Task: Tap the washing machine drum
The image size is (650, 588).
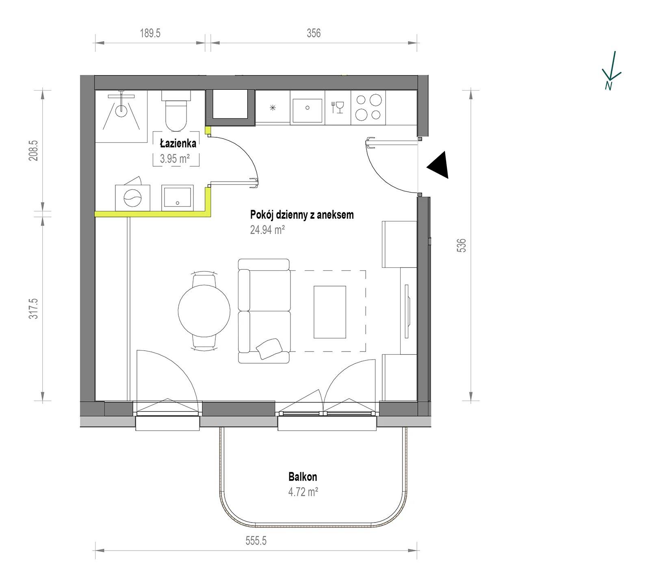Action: [132, 199]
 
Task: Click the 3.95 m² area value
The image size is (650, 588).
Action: [175, 158]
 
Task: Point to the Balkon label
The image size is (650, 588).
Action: [303, 477]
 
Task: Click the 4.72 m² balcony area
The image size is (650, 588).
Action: [303, 493]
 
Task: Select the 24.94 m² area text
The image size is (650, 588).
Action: [267, 230]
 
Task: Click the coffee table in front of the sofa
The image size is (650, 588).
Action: [330, 312]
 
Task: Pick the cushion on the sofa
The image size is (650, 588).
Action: [269, 348]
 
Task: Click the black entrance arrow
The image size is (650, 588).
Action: [439, 165]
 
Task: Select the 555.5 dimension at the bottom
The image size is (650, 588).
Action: [256, 541]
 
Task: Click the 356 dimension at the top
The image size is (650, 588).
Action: [314, 33]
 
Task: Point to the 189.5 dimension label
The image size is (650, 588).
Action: [150, 33]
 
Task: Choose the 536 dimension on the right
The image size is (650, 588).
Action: [461, 245]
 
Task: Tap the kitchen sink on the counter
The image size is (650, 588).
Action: [308, 108]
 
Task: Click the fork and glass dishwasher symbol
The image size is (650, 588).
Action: [338, 107]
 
